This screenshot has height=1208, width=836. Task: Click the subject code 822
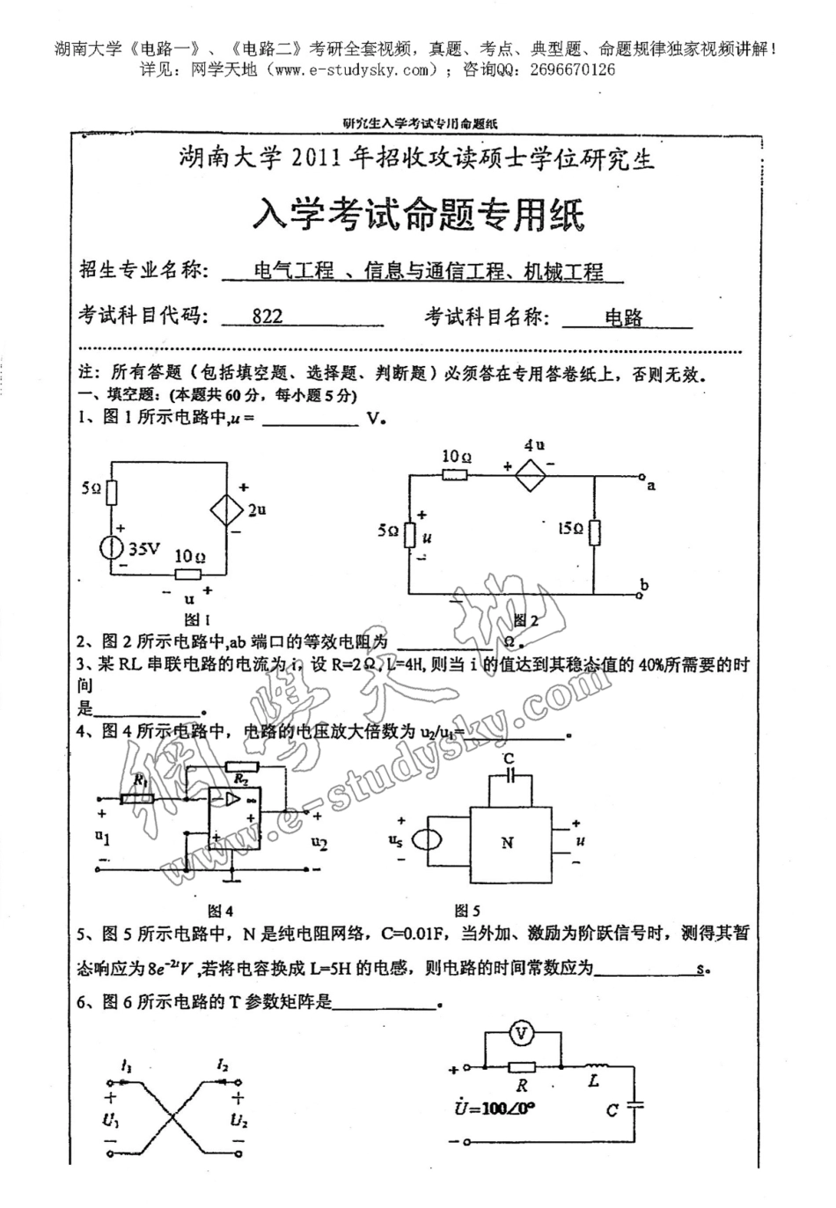(268, 317)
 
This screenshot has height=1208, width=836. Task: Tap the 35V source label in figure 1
(144, 548)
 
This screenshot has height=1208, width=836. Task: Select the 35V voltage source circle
(112, 547)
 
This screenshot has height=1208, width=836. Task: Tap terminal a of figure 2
(651, 485)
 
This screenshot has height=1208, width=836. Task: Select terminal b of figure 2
(645, 586)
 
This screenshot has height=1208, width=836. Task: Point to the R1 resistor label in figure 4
(139, 780)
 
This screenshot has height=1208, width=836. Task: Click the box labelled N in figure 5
(508, 842)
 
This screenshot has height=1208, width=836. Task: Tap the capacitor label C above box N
(508, 758)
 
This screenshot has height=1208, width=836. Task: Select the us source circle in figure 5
(429, 840)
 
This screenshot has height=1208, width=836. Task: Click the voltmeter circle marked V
(522, 1034)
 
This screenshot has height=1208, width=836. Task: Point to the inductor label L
(593, 1080)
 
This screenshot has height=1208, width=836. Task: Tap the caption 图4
(219, 911)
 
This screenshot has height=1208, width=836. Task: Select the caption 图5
(466, 911)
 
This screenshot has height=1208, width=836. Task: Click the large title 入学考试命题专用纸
(418, 214)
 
